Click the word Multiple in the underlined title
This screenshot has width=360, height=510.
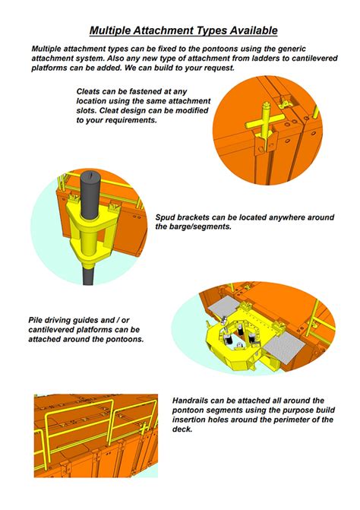110,30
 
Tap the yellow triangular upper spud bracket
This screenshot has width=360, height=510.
90,221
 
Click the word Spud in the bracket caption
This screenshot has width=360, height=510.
164,217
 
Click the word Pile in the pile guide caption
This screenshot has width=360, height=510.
35,320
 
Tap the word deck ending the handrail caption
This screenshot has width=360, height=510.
182,429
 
